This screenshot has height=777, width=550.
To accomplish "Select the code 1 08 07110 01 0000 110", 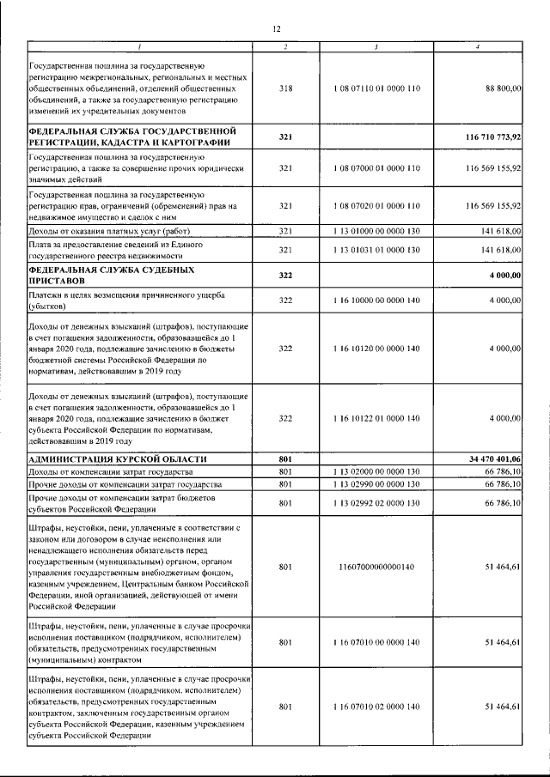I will tap(376, 88).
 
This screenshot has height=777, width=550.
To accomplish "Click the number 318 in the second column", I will tap(286, 88).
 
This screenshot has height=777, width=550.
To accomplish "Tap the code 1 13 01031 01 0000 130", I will tap(376, 250).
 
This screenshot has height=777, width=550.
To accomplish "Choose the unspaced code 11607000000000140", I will tap(376, 567).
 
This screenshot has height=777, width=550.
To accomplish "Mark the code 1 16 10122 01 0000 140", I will tap(376, 418).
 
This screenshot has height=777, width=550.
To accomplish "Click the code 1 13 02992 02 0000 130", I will tap(376, 504).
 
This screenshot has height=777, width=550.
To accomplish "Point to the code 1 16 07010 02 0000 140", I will tap(376, 706).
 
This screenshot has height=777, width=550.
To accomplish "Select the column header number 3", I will tap(376, 46).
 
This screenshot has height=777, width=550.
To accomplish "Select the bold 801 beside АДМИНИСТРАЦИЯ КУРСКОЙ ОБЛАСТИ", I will tap(286, 460).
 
